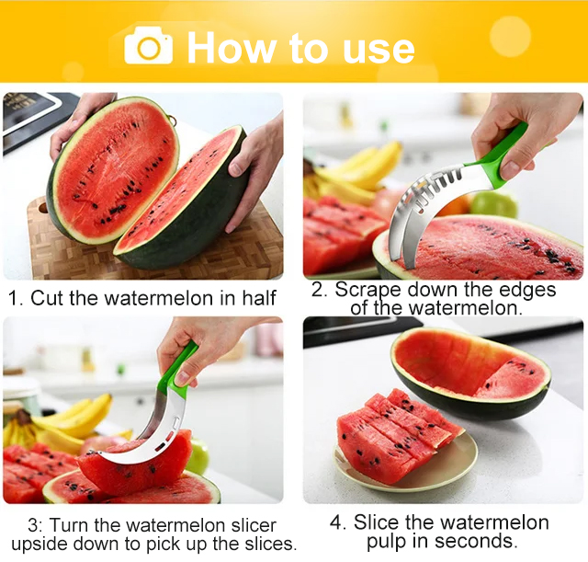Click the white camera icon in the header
pos(149,46)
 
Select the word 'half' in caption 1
pos(259,298)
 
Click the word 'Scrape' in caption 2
pos(369,291)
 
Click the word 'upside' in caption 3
pos(40,544)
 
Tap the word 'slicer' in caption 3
pos(254,525)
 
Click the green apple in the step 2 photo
pos(493,204)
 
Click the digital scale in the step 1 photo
pos(34,120)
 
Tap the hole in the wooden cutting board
pos(43,207)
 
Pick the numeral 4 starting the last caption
pos(337,523)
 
